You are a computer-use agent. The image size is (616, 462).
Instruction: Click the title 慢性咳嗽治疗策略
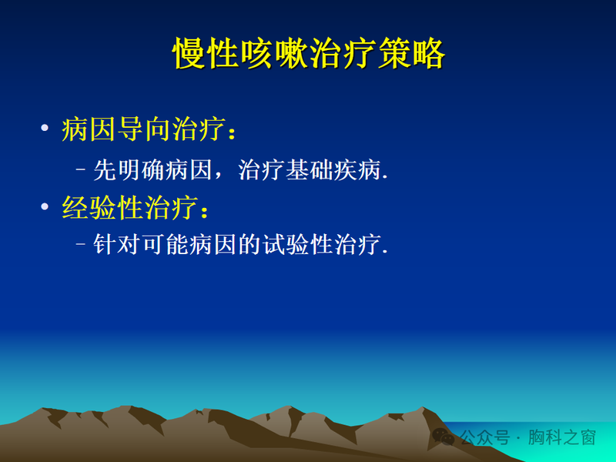pos(308,55)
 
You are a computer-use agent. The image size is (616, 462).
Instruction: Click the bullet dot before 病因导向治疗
pos(45,129)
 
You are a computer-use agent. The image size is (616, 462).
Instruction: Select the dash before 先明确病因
pos(82,169)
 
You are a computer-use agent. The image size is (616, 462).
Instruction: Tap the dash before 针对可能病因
pos(82,245)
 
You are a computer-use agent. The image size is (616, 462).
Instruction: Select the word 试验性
pos(287,245)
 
